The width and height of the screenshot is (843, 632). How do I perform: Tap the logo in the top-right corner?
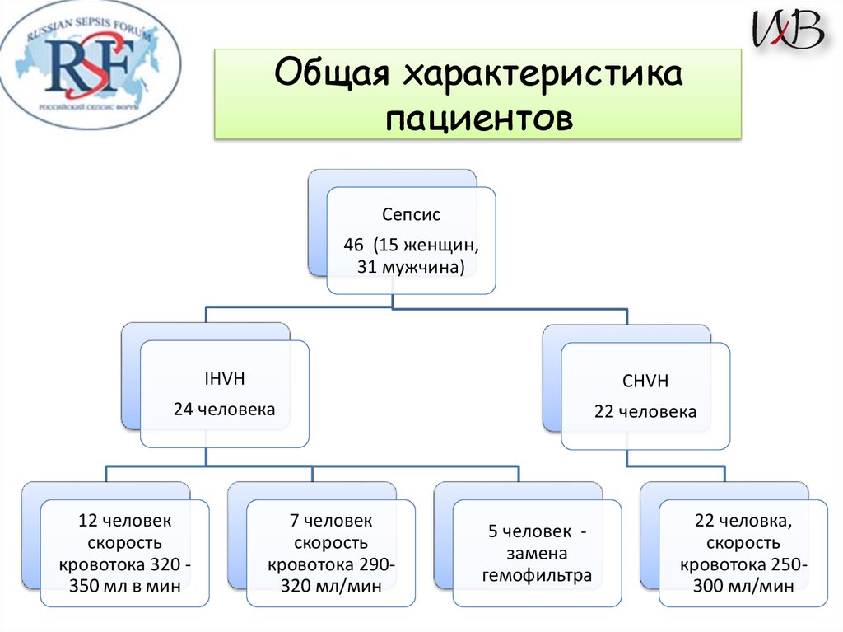point(788,30)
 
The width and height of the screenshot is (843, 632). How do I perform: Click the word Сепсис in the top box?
point(411,215)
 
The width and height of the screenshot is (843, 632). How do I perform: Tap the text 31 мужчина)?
point(411,266)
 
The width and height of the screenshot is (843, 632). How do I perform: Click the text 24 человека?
point(224,409)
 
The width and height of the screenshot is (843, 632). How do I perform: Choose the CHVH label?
point(645,382)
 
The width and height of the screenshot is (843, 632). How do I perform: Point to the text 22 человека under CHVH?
point(645,411)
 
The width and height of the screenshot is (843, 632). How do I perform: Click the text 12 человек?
point(125,521)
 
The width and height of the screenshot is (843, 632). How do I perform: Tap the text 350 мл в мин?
point(125,586)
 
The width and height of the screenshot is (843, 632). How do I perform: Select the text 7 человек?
point(331,521)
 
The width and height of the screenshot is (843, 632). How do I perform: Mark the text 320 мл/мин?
point(331,586)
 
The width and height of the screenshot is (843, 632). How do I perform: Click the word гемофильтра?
point(537,575)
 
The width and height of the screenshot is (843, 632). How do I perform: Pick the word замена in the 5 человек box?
point(537,554)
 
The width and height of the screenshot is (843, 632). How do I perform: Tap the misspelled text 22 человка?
point(743,521)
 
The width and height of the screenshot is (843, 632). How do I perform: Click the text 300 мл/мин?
point(743,586)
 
